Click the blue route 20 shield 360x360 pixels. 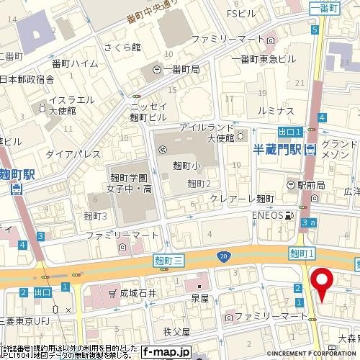point(224,256)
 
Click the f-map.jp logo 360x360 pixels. point(166,352)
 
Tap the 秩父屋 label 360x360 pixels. point(176,332)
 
